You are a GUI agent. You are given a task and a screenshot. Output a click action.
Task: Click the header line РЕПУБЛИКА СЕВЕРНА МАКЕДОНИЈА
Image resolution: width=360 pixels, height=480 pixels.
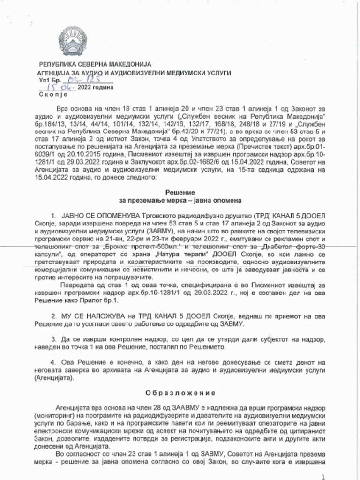[x=95, y=64]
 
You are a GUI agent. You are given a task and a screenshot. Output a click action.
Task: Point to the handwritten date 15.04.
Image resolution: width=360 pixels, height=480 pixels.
[x=57, y=88]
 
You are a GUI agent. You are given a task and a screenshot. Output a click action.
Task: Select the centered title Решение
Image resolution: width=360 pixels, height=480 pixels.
[x=180, y=192]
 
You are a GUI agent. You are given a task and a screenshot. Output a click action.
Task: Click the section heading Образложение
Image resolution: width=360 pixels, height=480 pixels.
[x=180, y=393]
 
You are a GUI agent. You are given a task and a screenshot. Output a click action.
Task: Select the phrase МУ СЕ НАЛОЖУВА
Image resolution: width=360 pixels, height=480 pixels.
[x=87, y=317]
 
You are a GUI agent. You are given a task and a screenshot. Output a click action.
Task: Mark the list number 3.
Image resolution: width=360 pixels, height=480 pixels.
[x=53, y=339]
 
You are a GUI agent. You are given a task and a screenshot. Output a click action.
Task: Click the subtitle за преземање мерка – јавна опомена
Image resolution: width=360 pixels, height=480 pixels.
[x=180, y=200]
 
